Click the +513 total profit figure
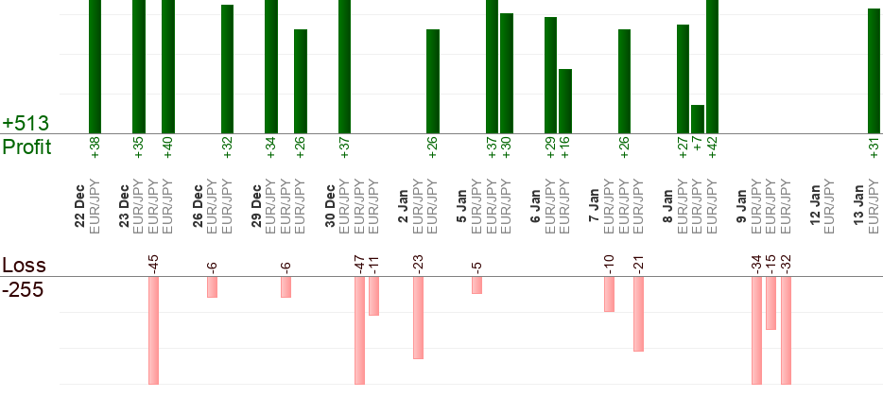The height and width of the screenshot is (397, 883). pyautogui.click(x=26, y=124)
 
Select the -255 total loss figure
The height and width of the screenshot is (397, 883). pyautogui.click(x=23, y=289)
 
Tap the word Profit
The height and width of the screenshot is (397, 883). pyautogui.click(x=27, y=147)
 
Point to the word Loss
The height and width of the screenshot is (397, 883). pyautogui.click(x=24, y=266)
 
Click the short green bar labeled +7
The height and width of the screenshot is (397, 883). pyautogui.click(x=698, y=119)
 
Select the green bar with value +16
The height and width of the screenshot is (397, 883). pyautogui.click(x=565, y=101)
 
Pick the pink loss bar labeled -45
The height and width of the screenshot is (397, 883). pyautogui.click(x=153, y=330)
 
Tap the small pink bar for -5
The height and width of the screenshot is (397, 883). pyautogui.click(x=476, y=285)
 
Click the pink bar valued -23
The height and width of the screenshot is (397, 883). pyautogui.click(x=418, y=318)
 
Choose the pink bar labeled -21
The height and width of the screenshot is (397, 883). pyautogui.click(x=638, y=314)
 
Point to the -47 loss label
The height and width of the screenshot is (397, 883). pyautogui.click(x=359, y=262)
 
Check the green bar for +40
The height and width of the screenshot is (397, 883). pyautogui.click(x=168, y=66)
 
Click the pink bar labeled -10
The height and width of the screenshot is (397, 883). pyautogui.click(x=609, y=294)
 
